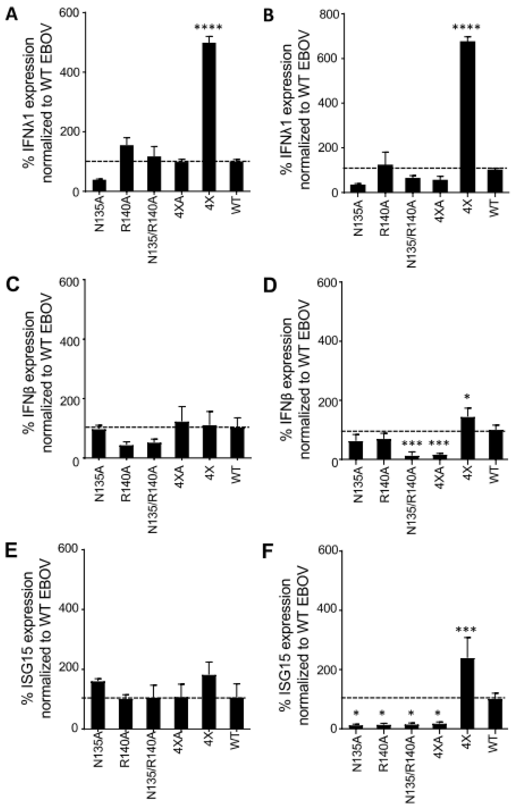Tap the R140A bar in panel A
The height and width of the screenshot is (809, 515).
tap(127, 168)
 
